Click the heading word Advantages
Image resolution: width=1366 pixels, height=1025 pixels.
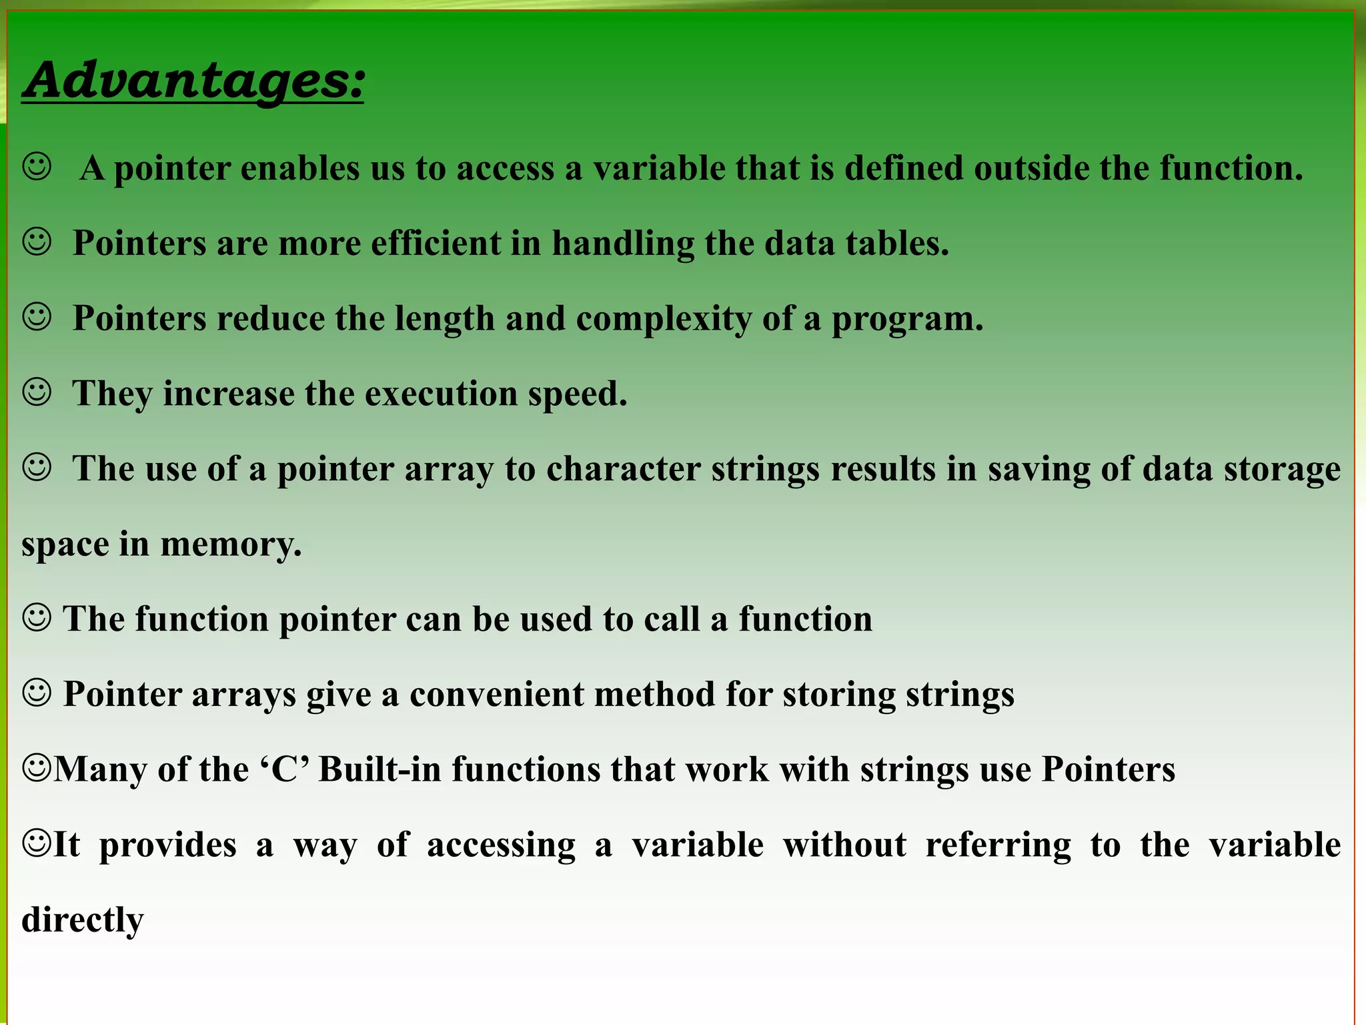point(193,80)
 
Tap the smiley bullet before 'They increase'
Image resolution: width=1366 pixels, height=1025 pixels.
point(37,392)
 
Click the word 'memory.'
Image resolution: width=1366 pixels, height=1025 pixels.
point(231,545)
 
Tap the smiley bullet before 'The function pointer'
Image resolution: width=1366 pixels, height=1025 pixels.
point(37,617)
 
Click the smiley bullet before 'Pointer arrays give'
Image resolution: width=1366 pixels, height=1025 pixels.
point(37,693)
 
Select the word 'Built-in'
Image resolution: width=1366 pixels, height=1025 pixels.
point(380,769)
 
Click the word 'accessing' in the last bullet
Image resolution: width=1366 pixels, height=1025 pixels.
point(501,845)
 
